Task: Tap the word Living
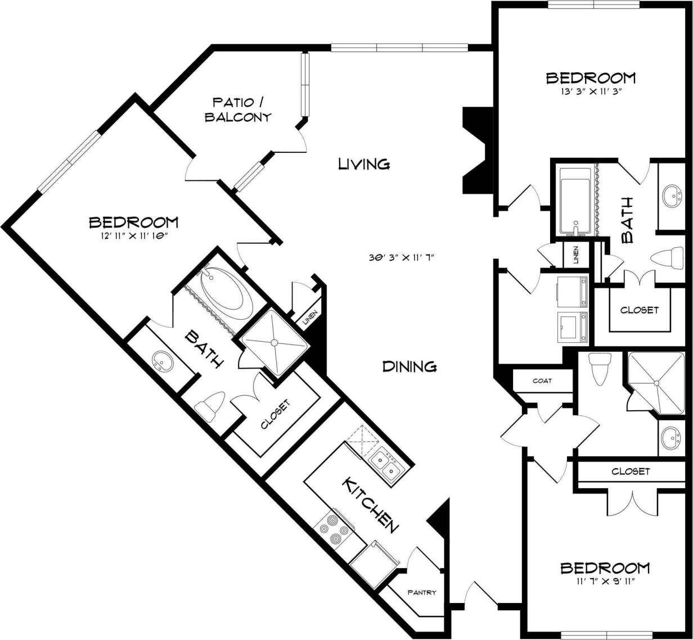click(x=364, y=164)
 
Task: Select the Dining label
click(x=409, y=366)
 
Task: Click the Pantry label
click(x=422, y=592)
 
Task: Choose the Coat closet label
click(x=542, y=380)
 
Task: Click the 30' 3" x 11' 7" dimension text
click(x=402, y=257)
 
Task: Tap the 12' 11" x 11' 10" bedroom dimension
click(x=134, y=236)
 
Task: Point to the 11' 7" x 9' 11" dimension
click(x=605, y=581)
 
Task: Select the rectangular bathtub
click(x=574, y=201)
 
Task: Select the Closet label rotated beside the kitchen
click(x=276, y=415)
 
